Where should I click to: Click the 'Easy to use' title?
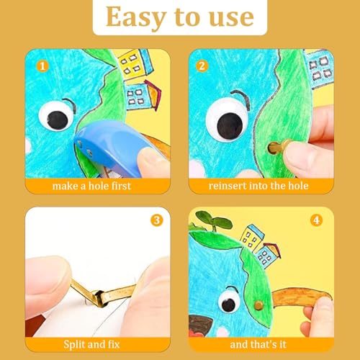[179, 17]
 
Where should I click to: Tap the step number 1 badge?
[42, 66]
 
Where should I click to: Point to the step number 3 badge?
[156, 220]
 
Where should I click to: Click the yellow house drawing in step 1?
[129, 64]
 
